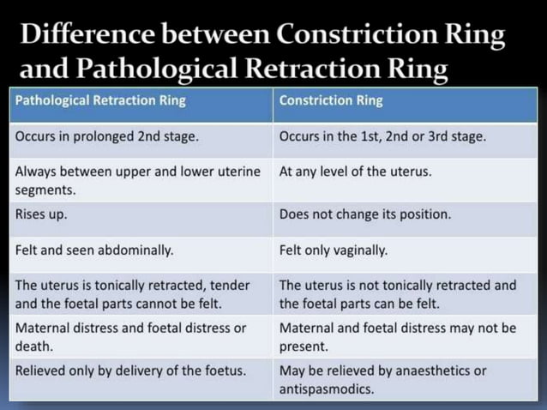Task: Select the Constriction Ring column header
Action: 331,100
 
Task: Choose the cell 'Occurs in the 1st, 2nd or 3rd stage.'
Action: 382,136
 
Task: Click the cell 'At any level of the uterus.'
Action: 355,171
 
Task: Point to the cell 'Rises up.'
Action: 41,214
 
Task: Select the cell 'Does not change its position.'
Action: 364,214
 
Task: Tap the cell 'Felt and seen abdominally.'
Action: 94,250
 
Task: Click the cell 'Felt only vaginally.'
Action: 334,250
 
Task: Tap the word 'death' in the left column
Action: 33,347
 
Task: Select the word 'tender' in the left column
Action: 240,285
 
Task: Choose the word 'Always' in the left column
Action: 35,171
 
